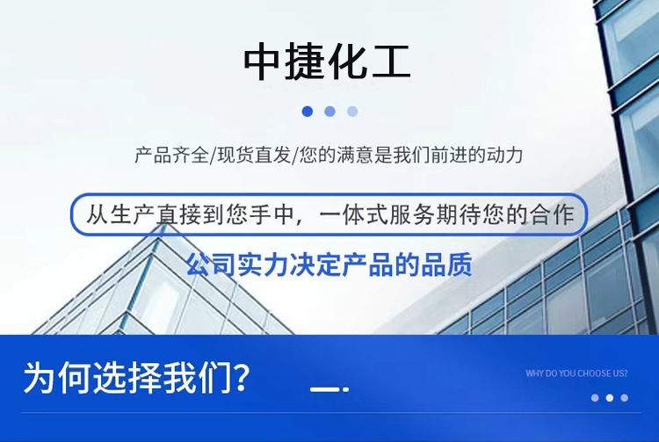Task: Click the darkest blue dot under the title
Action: click(x=307, y=112)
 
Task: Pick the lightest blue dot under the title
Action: click(x=352, y=112)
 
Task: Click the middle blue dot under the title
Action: click(x=329, y=112)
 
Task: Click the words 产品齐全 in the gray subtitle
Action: click(x=171, y=156)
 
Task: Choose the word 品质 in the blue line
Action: click(x=450, y=264)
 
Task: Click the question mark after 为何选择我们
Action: click(x=238, y=378)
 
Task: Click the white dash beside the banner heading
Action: click(x=326, y=388)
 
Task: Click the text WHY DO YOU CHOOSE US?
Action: click(x=576, y=373)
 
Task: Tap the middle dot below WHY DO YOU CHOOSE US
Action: click(x=609, y=397)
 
